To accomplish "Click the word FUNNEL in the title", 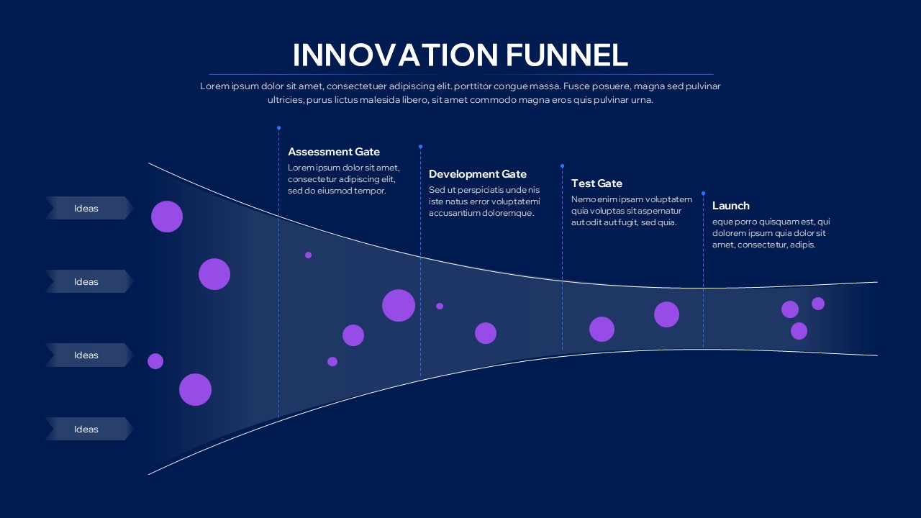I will click(566, 55).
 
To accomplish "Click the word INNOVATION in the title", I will click(395, 55).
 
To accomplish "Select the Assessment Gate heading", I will click(334, 152).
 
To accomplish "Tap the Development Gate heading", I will click(478, 174).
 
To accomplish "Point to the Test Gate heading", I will click(596, 183).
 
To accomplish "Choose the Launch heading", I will click(731, 206).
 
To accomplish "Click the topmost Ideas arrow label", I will click(86, 209).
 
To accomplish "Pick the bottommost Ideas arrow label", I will click(86, 430).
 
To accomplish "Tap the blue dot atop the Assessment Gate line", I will click(278, 128).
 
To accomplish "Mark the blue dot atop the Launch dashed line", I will click(703, 194).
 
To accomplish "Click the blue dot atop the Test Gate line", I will click(562, 166).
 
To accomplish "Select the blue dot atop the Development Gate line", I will click(420, 147).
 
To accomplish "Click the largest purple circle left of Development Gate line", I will click(399, 305).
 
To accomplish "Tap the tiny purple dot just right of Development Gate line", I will click(440, 306).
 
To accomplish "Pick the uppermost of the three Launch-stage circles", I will click(818, 304).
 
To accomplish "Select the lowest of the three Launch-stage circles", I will click(799, 331).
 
